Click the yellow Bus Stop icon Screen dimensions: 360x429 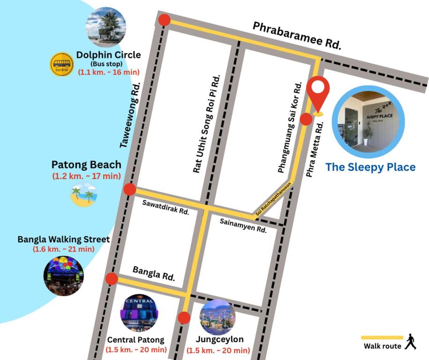point(62,64)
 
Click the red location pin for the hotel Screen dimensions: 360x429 point(318,94)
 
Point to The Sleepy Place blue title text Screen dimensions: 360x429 point(370,167)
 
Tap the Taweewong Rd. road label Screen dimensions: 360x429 point(130,115)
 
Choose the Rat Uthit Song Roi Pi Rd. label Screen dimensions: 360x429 point(206,124)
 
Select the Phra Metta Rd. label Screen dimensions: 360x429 point(315,150)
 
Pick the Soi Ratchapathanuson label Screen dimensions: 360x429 point(274,199)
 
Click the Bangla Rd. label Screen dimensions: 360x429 point(154,273)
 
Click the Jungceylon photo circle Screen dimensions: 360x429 point(217,317)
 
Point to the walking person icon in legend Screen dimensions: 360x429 point(411,342)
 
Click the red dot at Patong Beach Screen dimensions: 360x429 point(130,189)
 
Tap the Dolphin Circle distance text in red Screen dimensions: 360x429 point(108,72)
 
